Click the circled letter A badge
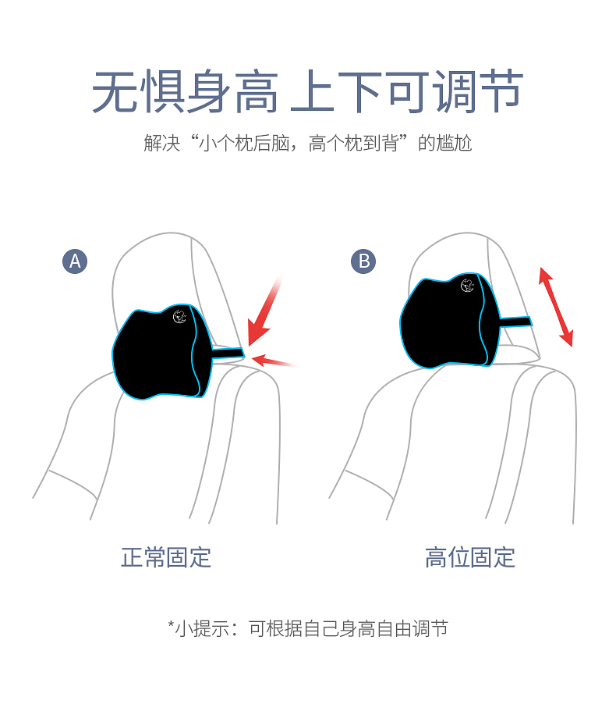coord(75,261)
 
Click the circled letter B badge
coord(363,261)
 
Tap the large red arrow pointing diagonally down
coord(264,312)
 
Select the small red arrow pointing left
coord(273,361)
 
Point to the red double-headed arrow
coord(556,307)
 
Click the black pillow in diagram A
coord(161,352)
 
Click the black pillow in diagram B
coord(450,321)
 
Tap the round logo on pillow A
coord(180,317)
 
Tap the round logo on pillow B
coord(467,286)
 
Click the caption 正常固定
coord(166,557)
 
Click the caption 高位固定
coord(470,557)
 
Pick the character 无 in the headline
coord(115,91)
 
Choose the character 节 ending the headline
coord(501,91)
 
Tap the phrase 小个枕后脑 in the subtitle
coord(245,143)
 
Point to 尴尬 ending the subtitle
coord(454,143)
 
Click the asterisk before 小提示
coord(172,624)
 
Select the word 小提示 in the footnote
coord(202,628)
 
